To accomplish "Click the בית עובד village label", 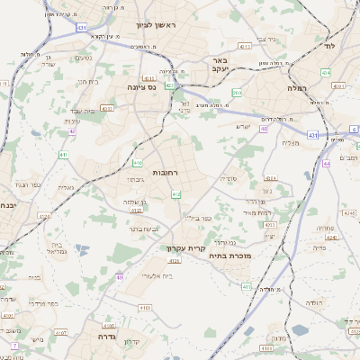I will click(74, 110).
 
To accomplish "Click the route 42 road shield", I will click(72, 131).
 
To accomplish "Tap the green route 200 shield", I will click(236, 92).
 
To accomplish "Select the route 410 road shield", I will click(138, 163).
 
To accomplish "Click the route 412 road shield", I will click(176, 194).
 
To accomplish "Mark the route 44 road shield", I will click(327, 164).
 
